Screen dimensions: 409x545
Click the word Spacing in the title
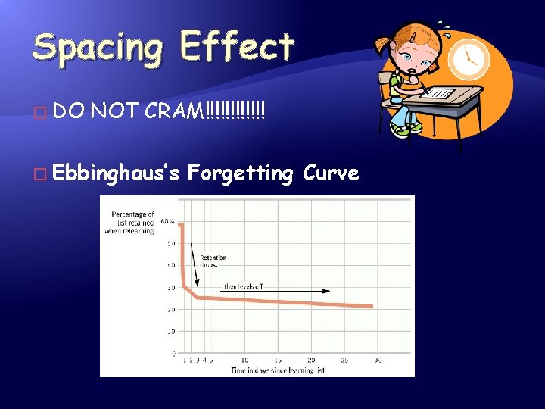point(97,47)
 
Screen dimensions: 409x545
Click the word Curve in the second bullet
point(331,173)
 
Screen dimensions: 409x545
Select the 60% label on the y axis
point(167,222)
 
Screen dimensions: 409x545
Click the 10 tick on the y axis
point(170,331)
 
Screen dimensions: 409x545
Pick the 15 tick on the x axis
point(278,360)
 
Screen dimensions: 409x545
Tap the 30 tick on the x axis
point(377,360)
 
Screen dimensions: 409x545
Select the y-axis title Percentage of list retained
point(132,223)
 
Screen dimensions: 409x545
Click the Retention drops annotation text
point(213,261)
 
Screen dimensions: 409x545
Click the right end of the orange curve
point(372,306)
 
